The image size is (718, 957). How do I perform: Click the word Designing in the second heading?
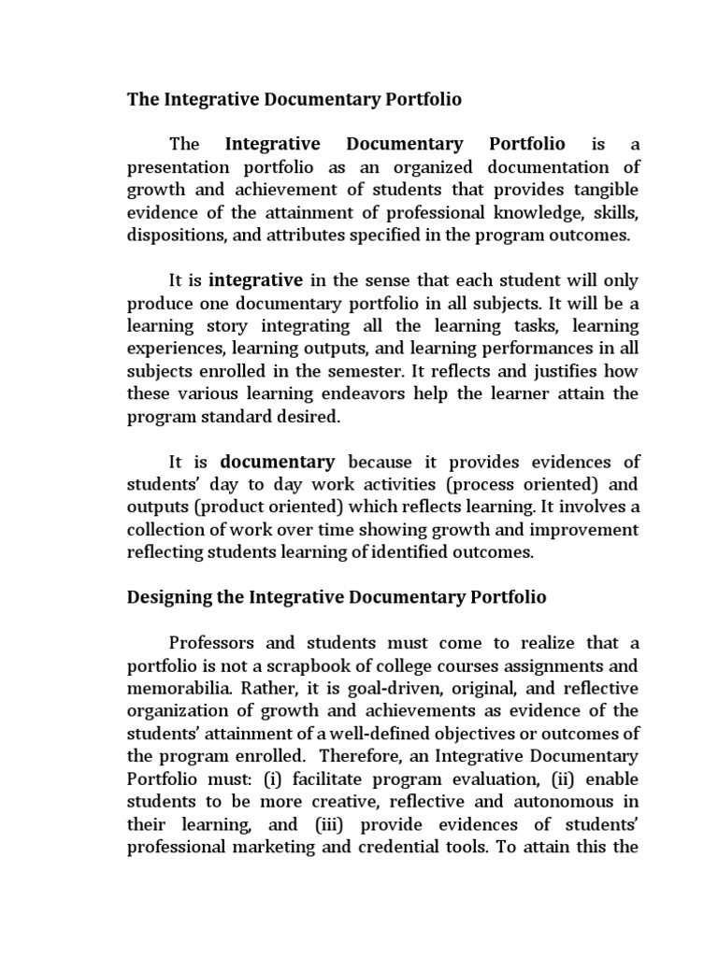click(167, 596)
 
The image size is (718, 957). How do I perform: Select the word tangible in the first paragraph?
click(605, 190)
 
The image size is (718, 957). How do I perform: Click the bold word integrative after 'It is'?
click(255, 279)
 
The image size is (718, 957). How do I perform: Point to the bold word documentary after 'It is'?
click(278, 461)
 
